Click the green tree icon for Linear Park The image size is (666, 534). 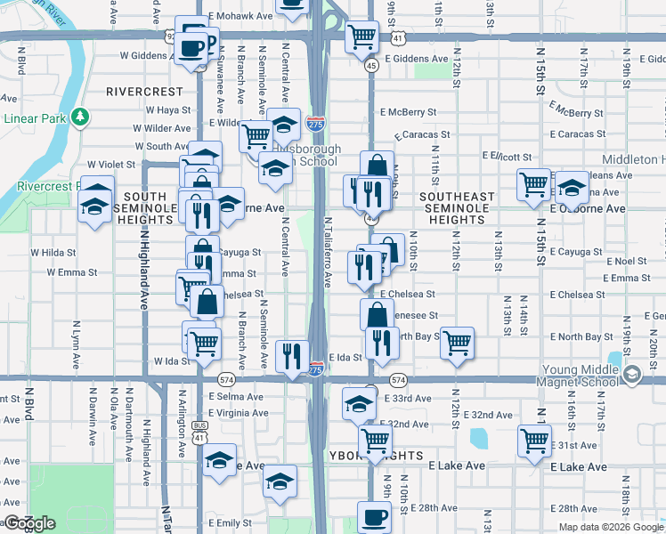tap(80, 117)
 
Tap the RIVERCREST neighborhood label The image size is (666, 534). tap(143, 92)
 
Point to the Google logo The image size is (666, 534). tap(29, 523)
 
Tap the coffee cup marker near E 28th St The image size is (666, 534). tap(374, 518)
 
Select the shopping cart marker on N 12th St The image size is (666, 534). tap(457, 343)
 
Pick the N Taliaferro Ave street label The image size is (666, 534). tap(327, 253)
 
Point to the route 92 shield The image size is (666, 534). tap(170, 36)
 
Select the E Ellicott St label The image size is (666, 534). tap(507, 156)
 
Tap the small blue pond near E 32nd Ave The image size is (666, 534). tap(478, 439)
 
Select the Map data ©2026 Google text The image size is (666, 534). tap(612, 527)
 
